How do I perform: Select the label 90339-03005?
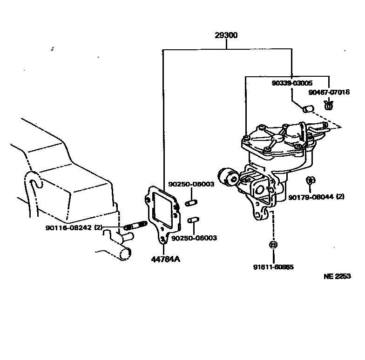(x=292, y=83)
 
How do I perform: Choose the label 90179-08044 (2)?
(x=316, y=197)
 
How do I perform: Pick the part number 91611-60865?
(x=273, y=267)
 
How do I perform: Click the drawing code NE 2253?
(x=337, y=276)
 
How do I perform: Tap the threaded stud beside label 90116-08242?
(x=135, y=227)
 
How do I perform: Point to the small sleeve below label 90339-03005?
(x=307, y=109)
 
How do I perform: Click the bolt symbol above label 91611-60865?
(x=273, y=245)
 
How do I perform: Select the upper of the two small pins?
(x=190, y=203)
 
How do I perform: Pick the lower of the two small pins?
(x=193, y=220)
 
